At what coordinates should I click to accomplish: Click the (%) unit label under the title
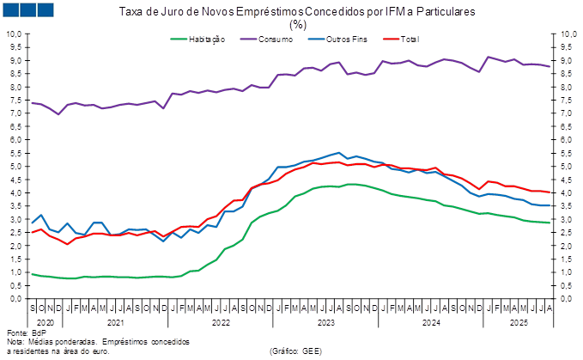tap(297, 25)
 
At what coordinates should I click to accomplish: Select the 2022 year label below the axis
tap(220, 323)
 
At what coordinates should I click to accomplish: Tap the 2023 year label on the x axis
tap(325, 323)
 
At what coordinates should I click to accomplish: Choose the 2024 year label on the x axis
tap(431, 323)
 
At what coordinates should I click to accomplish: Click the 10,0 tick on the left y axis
tap(15, 34)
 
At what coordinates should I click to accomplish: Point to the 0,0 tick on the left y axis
tap(16, 298)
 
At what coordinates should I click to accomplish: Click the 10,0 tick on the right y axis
tap(568, 34)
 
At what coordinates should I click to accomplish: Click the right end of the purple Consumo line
tap(550, 66)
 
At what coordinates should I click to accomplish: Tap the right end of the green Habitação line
tap(550, 223)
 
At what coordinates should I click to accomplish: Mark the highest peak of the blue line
tap(338, 153)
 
